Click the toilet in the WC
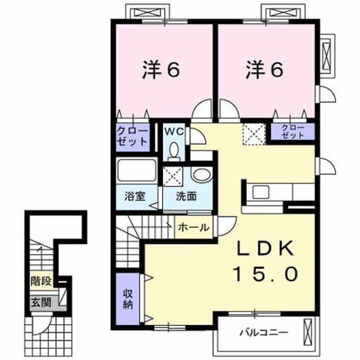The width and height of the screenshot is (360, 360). pyautogui.click(x=174, y=151)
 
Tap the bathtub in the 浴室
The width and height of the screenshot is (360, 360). pyautogui.click(x=137, y=170)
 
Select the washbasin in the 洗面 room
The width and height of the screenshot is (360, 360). pyautogui.click(x=201, y=174)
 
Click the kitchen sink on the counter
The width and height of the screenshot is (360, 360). pyautogui.click(x=260, y=192)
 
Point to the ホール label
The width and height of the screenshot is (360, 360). pyautogui.click(x=193, y=227)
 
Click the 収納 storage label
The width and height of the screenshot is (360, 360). pyautogui.click(x=128, y=299)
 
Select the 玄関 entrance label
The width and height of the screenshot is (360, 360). pyautogui.click(x=41, y=302)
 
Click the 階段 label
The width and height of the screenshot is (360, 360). pyautogui.click(x=41, y=281)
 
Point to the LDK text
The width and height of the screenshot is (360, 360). pyautogui.click(x=265, y=248)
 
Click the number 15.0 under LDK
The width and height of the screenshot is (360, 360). pyautogui.click(x=265, y=274)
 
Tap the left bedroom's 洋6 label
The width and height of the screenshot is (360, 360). pyautogui.click(x=161, y=70)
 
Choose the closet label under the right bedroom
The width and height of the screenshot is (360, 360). pyautogui.click(x=292, y=131)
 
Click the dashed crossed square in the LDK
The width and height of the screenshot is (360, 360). pyautogui.click(x=254, y=134)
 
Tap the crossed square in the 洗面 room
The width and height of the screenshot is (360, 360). pyautogui.click(x=173, y=176)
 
